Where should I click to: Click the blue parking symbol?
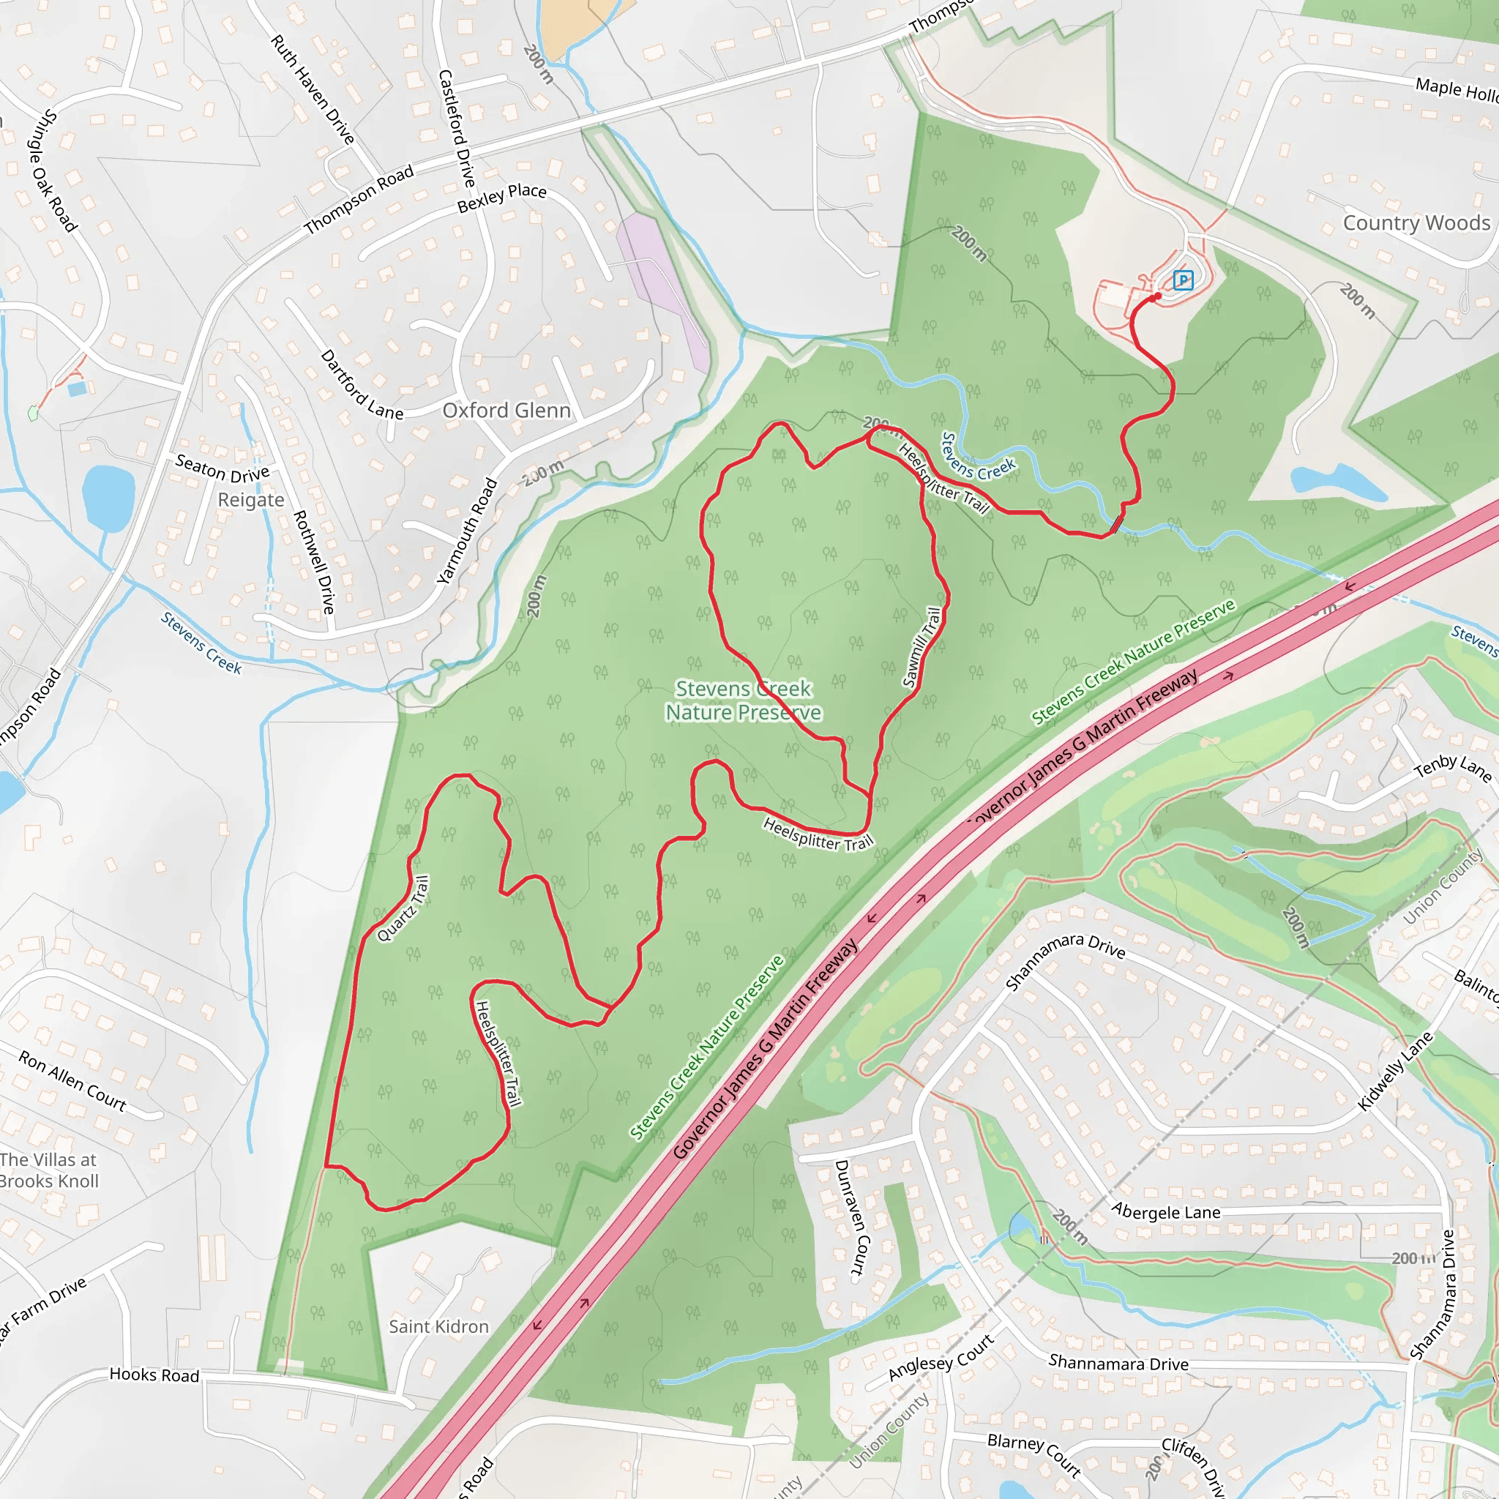click(x=1183, y=280)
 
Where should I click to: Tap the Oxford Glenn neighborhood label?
click(x=506, y=411)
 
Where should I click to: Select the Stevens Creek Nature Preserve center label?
click(x=744, y=700)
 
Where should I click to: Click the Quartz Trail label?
click(x=403, y=908)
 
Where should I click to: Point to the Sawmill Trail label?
click(x=922, y=647)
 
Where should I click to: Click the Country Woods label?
click(x=1416, y=223)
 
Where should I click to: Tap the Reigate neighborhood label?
click(x=250, y=500)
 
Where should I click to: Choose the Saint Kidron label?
click(x=439, y=1327)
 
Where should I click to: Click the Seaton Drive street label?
click(x=222, y=468)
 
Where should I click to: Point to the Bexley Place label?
click(x=501, y=198)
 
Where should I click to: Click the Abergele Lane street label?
click(x=1165, y=1212)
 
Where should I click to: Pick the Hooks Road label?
click(x=154, y=1375)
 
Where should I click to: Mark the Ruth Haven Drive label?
click(x=313, y=90)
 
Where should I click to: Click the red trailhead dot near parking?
click(x=1158, y=296)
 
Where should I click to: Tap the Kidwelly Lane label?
click(x=1395, y=1071)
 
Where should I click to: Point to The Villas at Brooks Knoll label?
click(x=49, y=1171)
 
